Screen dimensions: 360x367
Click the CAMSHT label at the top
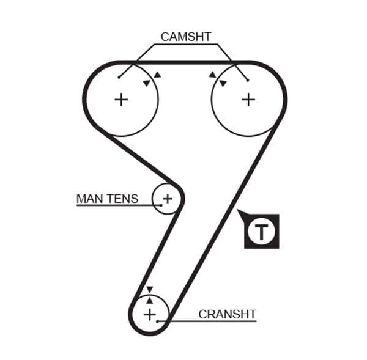point(185,37)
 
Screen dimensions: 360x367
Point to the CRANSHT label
point(227,315)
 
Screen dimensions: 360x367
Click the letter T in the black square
point(261,232)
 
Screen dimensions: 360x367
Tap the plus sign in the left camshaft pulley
point(122,99)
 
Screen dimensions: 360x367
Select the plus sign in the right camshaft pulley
point(248,99)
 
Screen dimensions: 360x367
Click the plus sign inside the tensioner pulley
point(168,198)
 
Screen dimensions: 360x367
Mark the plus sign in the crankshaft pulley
point(150,314)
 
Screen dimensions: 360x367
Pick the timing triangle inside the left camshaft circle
point(146,83)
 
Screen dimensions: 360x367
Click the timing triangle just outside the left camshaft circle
point(157,75)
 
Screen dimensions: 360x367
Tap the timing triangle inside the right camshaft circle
point(223,83)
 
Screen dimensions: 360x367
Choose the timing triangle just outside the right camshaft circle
point(212,75)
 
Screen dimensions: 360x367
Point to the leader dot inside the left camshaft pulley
point(119,78)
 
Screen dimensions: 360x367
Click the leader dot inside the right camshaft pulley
point(248,79)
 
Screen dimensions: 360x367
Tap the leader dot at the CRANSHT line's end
point(158,321)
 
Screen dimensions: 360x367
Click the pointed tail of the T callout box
point(239,212)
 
